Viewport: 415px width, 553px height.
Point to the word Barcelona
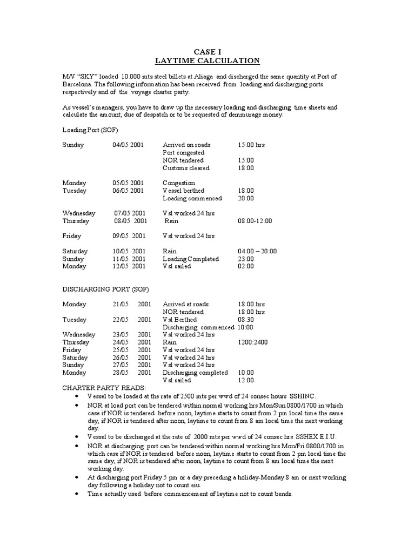coord(78,84)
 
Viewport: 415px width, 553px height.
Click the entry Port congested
coord(184,153)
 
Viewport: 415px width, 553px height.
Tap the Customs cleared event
coord(186,168)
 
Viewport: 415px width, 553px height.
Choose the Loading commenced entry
coord(192,198)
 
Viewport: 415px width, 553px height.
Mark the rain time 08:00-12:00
coord(255,221)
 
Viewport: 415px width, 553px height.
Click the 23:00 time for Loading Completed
coord(246,259)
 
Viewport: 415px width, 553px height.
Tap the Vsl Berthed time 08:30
coord(246,320)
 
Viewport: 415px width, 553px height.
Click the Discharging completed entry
coord(195,373)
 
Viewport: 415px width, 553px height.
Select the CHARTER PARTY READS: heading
coord(104,388)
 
